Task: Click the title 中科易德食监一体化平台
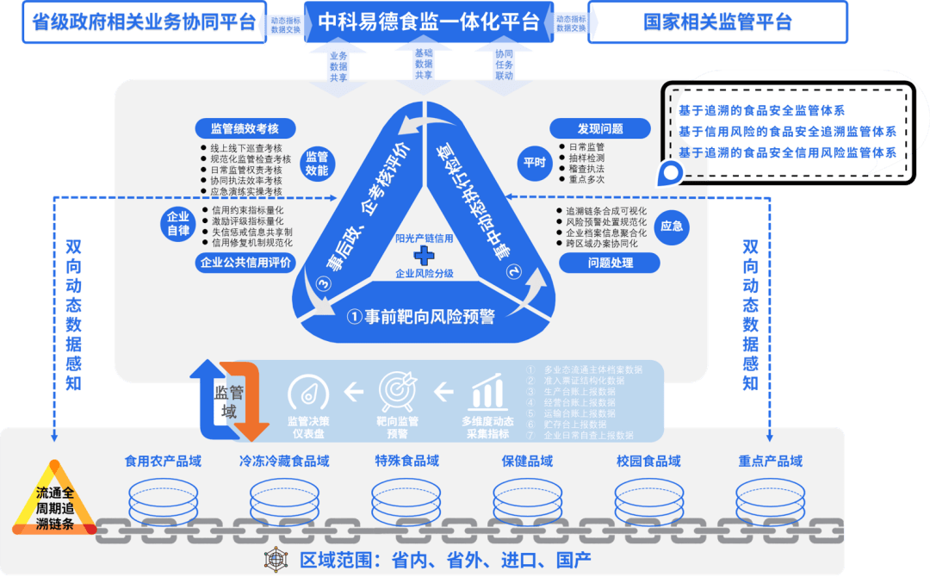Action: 428,22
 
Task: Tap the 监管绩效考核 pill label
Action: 245,129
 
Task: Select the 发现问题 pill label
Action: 599,129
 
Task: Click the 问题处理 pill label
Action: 599,263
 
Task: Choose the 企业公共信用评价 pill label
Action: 245,263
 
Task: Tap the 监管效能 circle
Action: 317,164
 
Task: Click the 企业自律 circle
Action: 177,224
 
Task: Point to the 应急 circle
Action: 671,226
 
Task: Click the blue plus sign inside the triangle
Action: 423,256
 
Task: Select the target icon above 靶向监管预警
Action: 398,393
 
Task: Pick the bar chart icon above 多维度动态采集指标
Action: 487,393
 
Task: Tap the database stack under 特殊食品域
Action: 406,502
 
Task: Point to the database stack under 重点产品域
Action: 770,502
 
